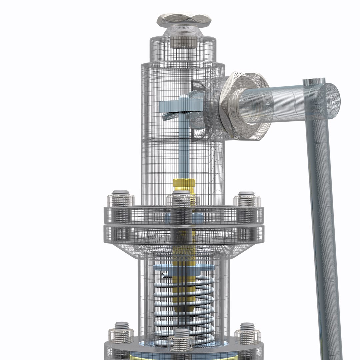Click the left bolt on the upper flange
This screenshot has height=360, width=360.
(121, 200)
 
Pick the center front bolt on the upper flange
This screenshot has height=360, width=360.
(181, 201)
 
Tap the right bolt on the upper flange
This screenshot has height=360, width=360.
(246, 200)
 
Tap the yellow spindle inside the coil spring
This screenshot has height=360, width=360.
(182, 293)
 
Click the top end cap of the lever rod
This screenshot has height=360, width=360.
(314, 81)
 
